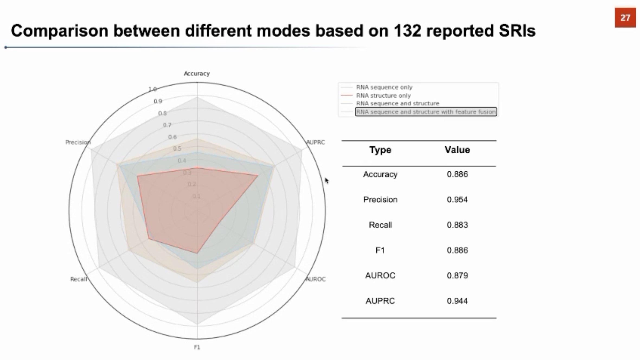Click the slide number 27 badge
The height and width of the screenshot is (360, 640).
tap(625, 18)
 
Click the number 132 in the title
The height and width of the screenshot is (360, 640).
tap(407, 31)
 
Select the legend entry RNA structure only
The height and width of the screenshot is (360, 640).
tap(383, 95)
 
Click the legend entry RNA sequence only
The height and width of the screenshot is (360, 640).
tap(384, 87)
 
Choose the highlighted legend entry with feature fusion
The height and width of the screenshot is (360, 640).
tap(426, 112)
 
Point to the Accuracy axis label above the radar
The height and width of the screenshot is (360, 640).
tap(197, 73)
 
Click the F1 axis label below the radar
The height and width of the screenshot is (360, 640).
tap(197, 347)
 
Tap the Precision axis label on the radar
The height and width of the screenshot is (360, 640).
tap(78, 142)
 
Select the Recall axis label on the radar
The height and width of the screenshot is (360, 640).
tap(79, 279)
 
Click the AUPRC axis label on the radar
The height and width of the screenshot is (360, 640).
tap(315, 142)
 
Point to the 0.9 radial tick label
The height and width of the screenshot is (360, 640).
tap(158, 101)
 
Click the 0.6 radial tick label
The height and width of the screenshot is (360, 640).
tap(172, 137)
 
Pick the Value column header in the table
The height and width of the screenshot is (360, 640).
tap(457, 150)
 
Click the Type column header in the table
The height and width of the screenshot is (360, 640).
tap(380, 150)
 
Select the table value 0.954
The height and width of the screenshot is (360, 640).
tap(457, 200)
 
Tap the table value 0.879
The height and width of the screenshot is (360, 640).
tap(457, 275)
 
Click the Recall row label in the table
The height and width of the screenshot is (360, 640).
tap(380, 225)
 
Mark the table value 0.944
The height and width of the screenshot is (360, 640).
tap(457, 301)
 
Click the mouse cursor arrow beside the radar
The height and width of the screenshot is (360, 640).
tap(327, 181)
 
